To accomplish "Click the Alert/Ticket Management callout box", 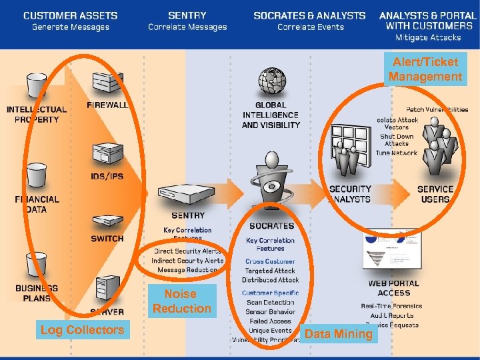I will [425, 69].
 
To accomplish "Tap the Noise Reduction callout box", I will [181, 301].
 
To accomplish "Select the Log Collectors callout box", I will [82, 329].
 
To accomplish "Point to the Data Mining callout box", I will [339, 334].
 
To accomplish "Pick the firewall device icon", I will [107, 83].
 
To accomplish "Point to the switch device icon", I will [107, 222].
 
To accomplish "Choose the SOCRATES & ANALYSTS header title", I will [309, 15].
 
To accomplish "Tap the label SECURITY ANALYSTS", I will [350, 194].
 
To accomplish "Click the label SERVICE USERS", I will [435, 194].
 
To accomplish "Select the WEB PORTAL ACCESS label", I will [394, 288].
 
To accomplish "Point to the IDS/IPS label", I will [107, 177].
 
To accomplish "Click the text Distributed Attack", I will [271, 280].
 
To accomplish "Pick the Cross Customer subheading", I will [270, 261].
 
